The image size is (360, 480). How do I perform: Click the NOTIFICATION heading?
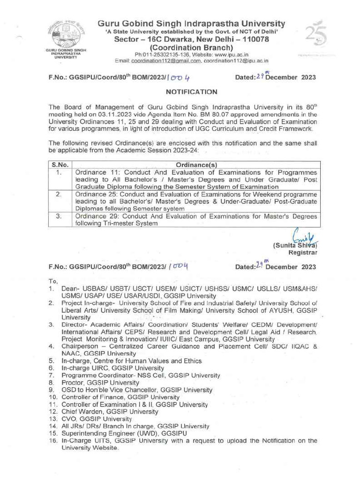click(x=192, y=92)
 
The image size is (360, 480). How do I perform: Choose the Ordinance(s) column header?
click(x=195, y=165)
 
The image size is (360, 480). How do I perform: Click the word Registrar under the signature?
click(x=304, y=252)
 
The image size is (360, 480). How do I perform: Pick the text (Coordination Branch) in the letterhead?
click(x=191, y=47)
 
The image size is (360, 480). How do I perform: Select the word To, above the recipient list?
click(x=52, y=281)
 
